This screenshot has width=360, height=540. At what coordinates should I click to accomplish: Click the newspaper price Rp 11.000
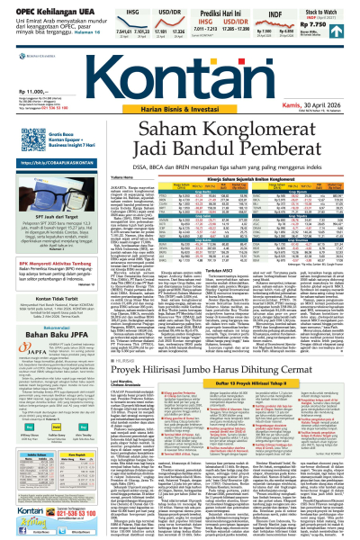(x=24, y=93)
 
